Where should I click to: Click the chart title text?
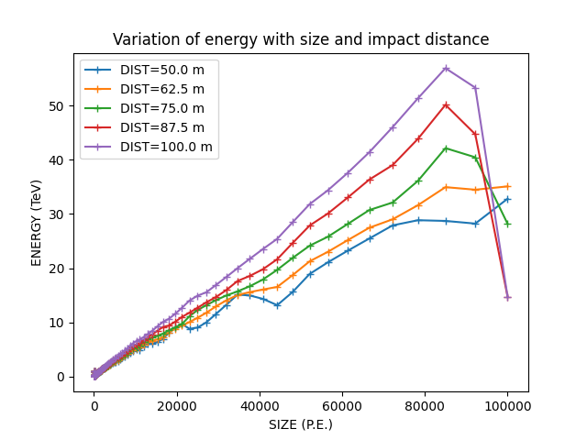(301, 40)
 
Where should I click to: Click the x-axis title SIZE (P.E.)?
(301, 424)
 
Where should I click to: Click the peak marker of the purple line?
(446, 69)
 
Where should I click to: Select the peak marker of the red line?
(446, 104)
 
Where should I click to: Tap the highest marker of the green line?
(446, 148)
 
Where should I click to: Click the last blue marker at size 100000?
(507, 199)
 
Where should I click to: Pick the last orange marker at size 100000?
(507, 186)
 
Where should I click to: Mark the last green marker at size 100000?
(507, 224)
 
